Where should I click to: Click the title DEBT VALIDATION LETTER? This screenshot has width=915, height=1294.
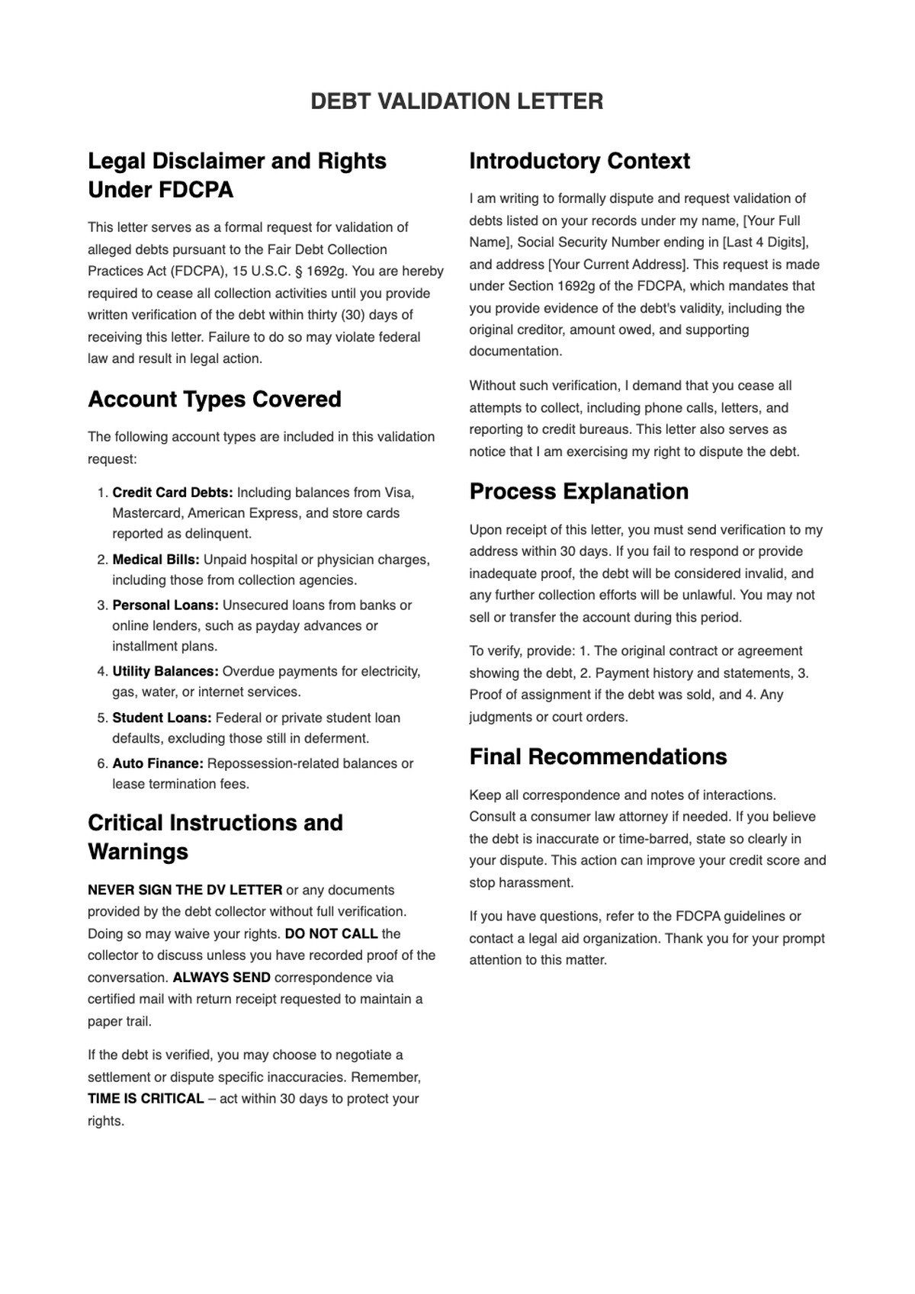pyautogui.click(x=457, y=101)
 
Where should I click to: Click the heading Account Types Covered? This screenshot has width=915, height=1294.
pyautogui.click(x=214, y=400)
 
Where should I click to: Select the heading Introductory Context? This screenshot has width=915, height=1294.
pyautogui.click(x=579, y=161)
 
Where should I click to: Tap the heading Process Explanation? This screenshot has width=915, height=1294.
pyautogui.click(x=579, y=492)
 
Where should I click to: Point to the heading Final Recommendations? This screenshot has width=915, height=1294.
pyautogui.click(x=598, y=757)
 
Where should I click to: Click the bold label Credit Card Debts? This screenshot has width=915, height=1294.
pyautogui.click(x=172, y=493)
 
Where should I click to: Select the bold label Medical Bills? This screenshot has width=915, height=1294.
pyautogui.click(x=156, y=560)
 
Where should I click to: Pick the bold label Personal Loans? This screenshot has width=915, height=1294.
pyautogui.click(x=165, y=605)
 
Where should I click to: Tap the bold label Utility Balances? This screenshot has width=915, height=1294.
pyautogui.click(x=165, y=672)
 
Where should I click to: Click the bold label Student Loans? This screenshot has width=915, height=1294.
pyautogui.click(x=162, y=718)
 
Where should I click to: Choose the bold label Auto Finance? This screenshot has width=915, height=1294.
pyautogui.click(x=158, y=764)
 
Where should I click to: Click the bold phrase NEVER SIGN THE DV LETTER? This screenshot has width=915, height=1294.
pyautogui.click(x=185, y=890)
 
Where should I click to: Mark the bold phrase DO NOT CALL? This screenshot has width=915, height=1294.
pyautogui.click(x=331, y=934)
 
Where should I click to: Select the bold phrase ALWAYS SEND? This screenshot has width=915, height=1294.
pyautogui.click(x=221, y=978)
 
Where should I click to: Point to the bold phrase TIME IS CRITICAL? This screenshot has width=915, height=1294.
pyautogui.click(x=146, y=1099)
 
